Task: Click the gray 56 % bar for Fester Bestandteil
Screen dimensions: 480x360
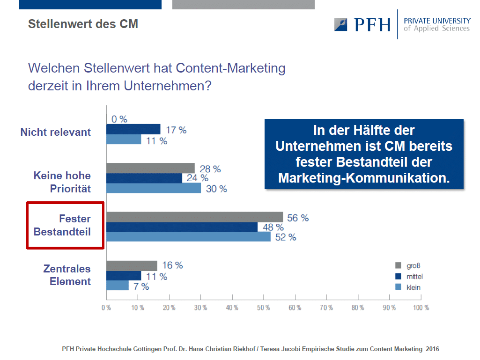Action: point(195,217)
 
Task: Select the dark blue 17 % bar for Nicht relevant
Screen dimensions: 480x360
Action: point(133,129)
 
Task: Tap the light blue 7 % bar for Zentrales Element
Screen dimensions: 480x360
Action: point(118,285)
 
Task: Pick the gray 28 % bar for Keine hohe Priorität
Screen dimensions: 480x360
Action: point(151,168)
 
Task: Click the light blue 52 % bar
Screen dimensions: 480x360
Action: point(189,236)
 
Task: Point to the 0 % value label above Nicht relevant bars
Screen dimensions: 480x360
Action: point(119,119)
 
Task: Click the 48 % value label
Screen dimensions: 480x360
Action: point(273,227)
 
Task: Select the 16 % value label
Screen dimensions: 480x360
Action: point(172,265)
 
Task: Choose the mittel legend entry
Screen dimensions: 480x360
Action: point(409,276)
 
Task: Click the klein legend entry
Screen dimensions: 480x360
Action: point(408,287)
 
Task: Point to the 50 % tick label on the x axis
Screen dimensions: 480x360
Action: point(264,308)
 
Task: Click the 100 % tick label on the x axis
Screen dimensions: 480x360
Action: point(421,308)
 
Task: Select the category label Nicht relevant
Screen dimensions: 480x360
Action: point(55,132)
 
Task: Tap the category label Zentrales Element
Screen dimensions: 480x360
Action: point(67,275)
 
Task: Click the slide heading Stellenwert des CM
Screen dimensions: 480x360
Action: point(83,24)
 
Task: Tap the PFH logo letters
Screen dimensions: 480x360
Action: point(373,25)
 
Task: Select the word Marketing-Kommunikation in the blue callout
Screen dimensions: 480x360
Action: point(364,178)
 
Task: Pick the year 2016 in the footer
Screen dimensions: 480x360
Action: point(432,349)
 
